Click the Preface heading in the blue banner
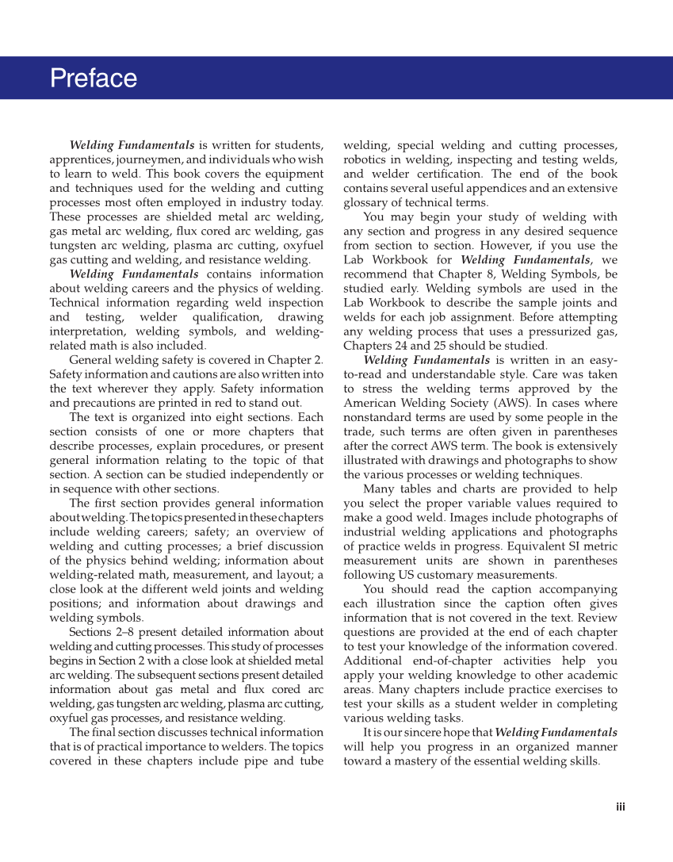[x=93, y=79]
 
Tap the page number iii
[x=621, y=807]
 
